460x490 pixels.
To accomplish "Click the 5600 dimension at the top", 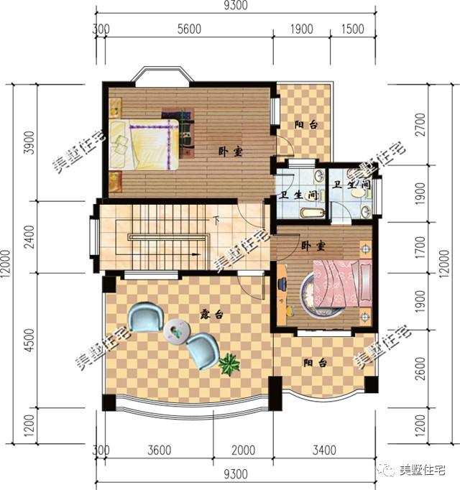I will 189,29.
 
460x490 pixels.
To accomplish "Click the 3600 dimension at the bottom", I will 159,451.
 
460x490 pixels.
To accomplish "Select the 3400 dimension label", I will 324,451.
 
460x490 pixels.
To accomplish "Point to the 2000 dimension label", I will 243,451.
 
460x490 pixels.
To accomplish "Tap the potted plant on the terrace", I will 229,364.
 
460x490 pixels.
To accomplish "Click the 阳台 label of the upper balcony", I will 305,124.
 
